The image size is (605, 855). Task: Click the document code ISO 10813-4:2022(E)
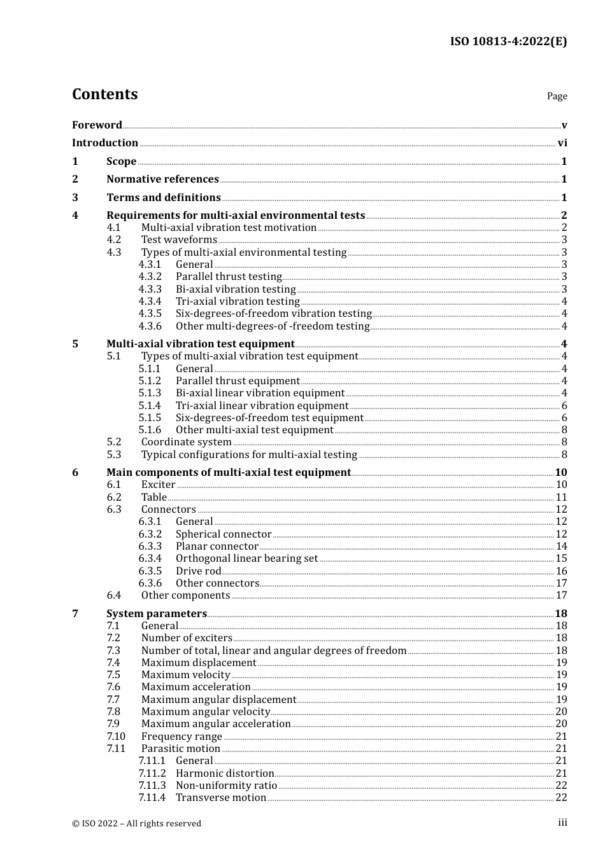[508, 42]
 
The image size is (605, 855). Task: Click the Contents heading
[104, 94]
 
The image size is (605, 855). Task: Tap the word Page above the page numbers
[557, 96]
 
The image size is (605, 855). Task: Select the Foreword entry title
[97, 125]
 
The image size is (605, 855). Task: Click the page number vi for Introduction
[562, 143]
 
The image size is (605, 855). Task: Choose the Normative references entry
[162, 179]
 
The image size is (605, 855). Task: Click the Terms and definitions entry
[164, 198]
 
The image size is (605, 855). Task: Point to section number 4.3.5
[150, 314]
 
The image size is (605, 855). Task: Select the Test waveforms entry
[179, 240]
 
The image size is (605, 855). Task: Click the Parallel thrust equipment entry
[238, 381]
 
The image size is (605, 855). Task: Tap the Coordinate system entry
[186, 442]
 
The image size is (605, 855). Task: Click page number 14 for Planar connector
[561, 546]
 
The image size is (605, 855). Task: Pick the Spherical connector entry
[224, 534]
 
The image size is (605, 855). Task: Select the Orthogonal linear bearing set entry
[246, 559]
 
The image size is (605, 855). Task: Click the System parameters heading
[156, 614]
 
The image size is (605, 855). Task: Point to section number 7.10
[116, 737]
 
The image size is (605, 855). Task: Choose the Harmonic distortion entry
[225, 774]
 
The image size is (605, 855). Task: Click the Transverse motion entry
[221, 798]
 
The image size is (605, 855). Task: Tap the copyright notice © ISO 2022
[136, 823]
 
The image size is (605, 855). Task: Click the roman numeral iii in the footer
[562, 823]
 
